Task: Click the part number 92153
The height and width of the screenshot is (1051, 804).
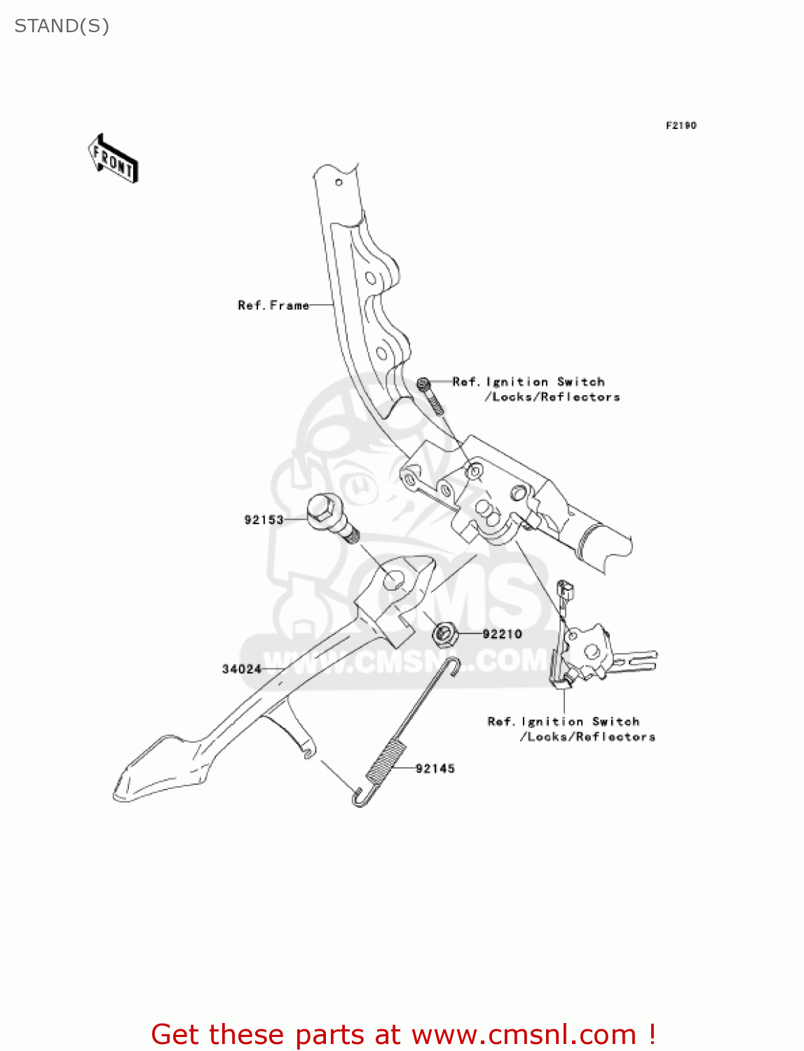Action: pyautogui.click(x=264, y=520)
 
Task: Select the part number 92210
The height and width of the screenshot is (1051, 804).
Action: pyautogui.click(x=502, y=634)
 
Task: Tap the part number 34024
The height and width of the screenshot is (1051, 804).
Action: pyautogui.click(x=241, y=669)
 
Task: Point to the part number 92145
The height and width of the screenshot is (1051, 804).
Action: pyautogui.click(x=435, y=769)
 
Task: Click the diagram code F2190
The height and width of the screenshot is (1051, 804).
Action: pyautogui.click(x=681, y=125)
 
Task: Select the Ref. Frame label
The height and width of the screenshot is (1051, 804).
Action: pyautogui.click(x=273, y=305)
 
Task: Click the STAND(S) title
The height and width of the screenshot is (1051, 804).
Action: pyautogui.click(x=62, y=26)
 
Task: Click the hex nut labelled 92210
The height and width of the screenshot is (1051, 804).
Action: pyautogui.click(x=444, y=635)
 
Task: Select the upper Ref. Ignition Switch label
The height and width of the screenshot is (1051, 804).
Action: pyautogui.click(x=536, y=389)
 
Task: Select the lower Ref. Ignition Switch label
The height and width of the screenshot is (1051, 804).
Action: pyautogui.click(x=571, y=729)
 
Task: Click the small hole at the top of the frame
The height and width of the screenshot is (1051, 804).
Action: pyautogui.click(x=339, y=183)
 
